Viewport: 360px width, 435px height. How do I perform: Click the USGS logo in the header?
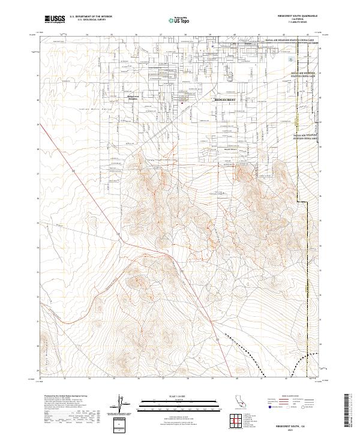(55, 19)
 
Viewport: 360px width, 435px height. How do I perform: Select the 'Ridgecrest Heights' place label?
(133, 98)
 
